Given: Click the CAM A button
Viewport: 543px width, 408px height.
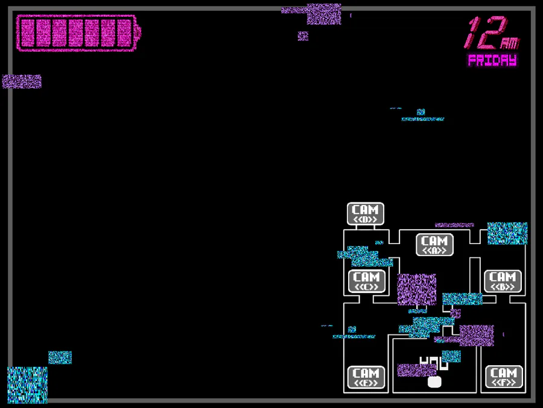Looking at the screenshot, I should tap(434, 245).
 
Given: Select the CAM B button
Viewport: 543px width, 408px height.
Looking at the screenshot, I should tap(503, 281).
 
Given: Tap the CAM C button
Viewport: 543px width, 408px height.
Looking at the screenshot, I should tap(366, 281).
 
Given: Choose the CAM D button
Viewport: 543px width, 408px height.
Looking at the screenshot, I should tap(365, 214).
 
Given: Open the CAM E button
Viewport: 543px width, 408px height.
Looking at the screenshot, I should tap(366, 377).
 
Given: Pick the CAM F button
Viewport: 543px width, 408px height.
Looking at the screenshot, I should tap(504, 377).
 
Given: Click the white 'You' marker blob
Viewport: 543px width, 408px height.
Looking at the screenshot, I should tap(434, 381).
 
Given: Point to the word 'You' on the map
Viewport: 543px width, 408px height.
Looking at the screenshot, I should tap(434, 363).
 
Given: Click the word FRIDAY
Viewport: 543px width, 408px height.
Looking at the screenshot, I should tap(492, 60).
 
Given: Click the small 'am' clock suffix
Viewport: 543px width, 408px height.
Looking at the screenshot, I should tap(509, 43).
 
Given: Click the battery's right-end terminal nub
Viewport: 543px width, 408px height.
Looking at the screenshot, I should tap(138, 33).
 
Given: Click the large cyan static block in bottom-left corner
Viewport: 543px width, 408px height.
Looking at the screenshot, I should tap(27, 384).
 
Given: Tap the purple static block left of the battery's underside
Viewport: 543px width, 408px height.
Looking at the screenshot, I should tap(22, 81).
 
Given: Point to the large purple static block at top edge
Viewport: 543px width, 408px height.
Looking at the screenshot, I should tap(323, 14).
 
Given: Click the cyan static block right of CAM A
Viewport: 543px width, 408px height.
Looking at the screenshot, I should tap(507, 233).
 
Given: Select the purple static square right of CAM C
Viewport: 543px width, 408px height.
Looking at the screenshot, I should tap(416, 289).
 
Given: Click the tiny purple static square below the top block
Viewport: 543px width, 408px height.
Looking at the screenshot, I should tap(303, 36).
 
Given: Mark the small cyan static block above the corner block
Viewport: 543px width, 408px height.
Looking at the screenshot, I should tap(60, 357).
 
